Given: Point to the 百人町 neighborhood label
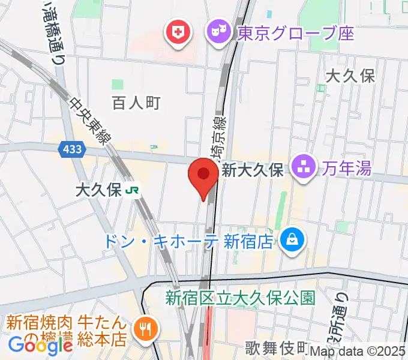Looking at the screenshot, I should point(136,103).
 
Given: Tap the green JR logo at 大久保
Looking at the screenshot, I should point(133,191).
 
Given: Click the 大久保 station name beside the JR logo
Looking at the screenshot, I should point(98,191).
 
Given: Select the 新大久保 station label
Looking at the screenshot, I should point(253,170).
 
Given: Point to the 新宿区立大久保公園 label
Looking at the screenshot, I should point(241,297).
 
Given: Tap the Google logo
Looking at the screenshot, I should point(40,346).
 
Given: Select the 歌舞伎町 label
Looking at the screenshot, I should point(277,347).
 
